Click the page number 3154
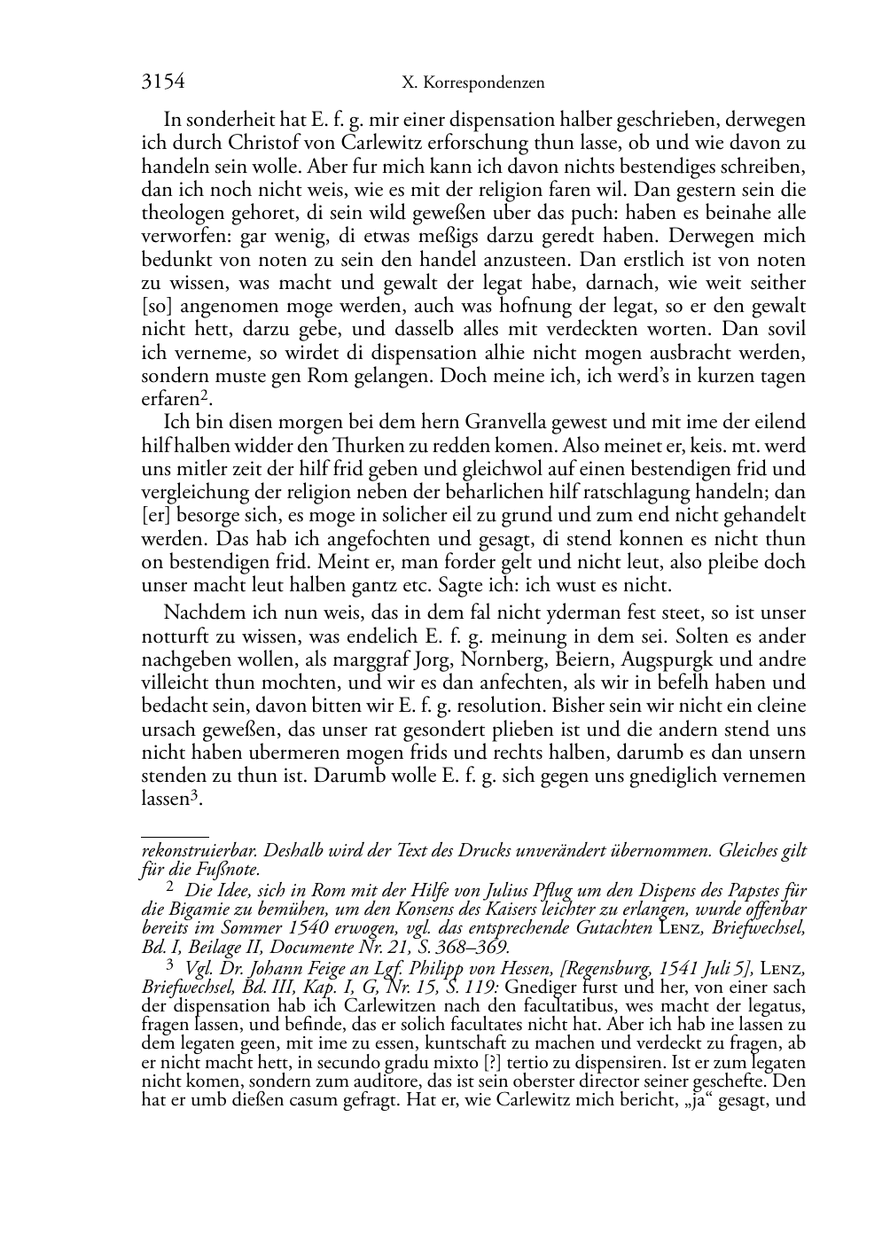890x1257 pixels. coord(163,82)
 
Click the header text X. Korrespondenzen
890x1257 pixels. coord(472,83)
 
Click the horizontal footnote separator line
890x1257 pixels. coord(175,836)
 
